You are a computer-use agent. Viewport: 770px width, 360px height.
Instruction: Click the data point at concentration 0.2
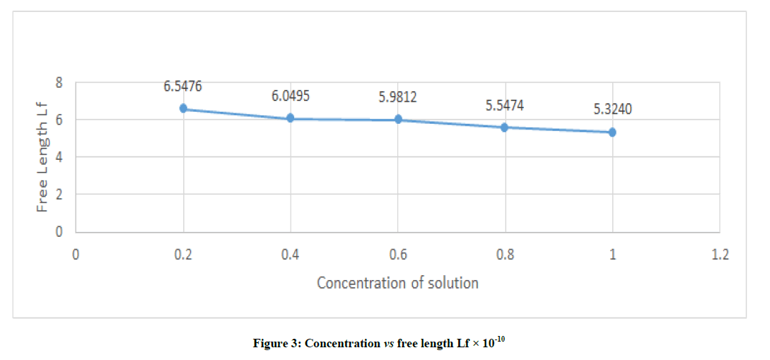(x=183, y=109)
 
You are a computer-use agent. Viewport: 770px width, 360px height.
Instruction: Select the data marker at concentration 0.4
(x=290, y=119)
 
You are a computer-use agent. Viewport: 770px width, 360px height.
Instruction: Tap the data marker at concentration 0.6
(x=398, y=120)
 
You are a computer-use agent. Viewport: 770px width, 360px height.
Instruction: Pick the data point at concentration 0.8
(x=505, y=127)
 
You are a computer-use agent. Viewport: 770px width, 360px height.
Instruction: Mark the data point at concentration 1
(x=612, y=132)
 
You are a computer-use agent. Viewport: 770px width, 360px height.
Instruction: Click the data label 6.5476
(x=183, y=87)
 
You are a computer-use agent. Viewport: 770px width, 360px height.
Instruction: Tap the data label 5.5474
(x=506, y=105)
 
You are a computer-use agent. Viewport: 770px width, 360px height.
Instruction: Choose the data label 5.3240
(x=612, y=111)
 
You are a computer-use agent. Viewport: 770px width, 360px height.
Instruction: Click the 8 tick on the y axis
(x=59, y=82)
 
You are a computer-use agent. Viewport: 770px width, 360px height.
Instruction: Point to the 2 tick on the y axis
(x=59, y=194)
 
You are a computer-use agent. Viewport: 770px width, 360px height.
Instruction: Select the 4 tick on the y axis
(x=59, y=157)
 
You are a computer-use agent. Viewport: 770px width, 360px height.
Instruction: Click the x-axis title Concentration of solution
(x=397, y=284)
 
